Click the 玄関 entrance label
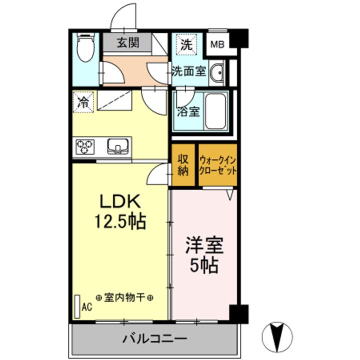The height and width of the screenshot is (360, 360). click(x=128, y=43)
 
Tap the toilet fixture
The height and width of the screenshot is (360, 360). click(x=86, y=47)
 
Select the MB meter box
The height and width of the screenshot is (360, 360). click(x=217, y=44)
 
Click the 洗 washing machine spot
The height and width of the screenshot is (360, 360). click(x=185, y=44)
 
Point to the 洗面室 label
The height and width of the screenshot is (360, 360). click(x=188, y=70)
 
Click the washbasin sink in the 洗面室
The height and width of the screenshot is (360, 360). click(x=217, y=74)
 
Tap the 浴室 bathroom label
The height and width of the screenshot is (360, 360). click(x=187, y=111)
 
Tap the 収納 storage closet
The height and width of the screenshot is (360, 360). click(x=183, y=165)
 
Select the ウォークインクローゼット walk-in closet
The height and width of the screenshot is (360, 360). click(x=217, y=165)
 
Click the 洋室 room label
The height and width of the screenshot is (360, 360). click(x=204, y=246)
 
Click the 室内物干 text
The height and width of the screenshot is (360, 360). click(x=124, y=298)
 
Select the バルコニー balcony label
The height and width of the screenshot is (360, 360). click(x=155, y=338)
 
